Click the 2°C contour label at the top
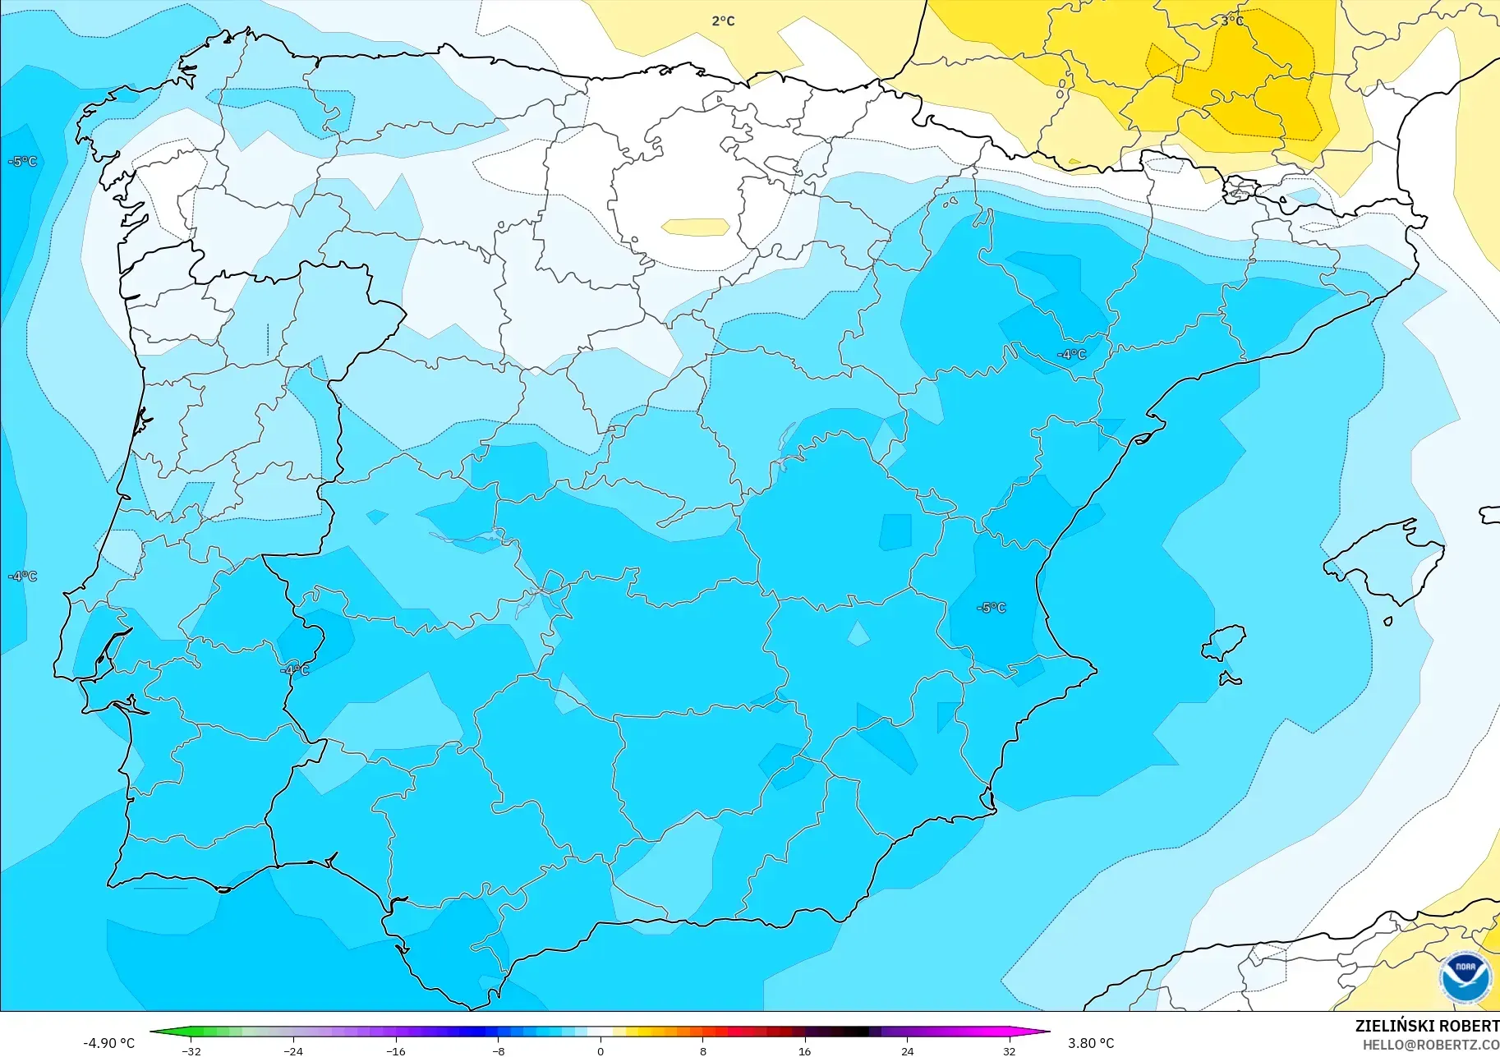click(x=723, y=21)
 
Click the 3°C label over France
click(x=1231, y=21)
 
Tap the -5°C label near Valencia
click(x=991, y=608)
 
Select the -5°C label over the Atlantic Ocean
click(x=22, y=162)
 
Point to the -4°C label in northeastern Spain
click(x=1071, y=355)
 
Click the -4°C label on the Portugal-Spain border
click(x=295, y=670)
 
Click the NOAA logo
click(x=1465, y=977)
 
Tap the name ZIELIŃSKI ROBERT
click(x=1427, y=1027)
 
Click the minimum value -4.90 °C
click(x=108, y=1043)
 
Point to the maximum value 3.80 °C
click(x=1091, y=1043)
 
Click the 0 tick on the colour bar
click(x=600, y=1050)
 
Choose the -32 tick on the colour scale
click(x=191, y=1050)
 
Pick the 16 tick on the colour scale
click(x=804, y=1050)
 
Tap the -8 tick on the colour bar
click(x=499, y=1050)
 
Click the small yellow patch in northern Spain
click(x=696, y=227)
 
